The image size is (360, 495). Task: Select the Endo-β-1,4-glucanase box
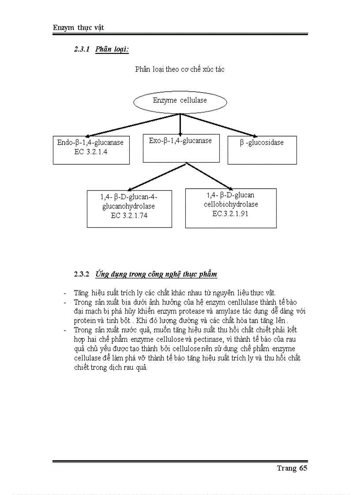tap(91, 150)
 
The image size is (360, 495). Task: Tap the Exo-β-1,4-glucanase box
tap(181, 148)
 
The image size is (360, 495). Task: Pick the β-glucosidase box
tap(262, 150)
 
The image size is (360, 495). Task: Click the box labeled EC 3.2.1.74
tap(129, 208)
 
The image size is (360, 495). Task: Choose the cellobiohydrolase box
tap(231, 208)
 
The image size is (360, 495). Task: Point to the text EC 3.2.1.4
tap(91, 152)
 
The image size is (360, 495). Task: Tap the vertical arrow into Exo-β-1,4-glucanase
tap(180, 124)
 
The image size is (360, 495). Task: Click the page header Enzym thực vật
tap(78, 28)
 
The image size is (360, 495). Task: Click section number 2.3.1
tap(82, 50)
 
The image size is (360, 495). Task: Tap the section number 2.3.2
tap(82, 274)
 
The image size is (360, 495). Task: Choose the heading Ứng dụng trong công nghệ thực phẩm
tap(156, 274)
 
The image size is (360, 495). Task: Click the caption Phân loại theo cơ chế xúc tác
tap(180, 69)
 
